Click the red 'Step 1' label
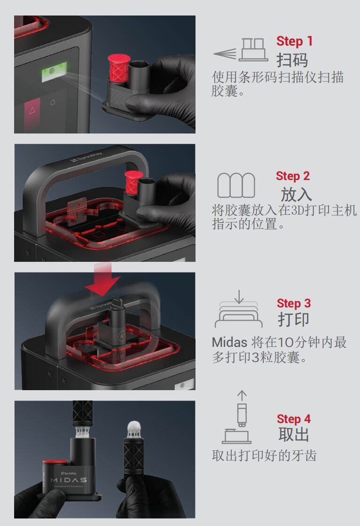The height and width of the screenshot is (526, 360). click(295, 41)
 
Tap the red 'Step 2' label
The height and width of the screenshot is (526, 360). click(293, 176)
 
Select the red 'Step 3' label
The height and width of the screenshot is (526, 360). click(294, 303)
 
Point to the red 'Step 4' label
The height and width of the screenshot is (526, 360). click(294, 419)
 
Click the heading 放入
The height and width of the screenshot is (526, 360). click(296, 194)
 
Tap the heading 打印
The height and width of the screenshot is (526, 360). click(293, 319)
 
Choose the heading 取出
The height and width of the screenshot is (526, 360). click(293, 434)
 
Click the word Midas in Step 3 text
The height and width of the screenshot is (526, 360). click(229, 343)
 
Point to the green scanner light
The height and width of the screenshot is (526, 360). click(54, 71)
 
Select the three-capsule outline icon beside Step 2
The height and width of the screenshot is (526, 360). click(236, 185)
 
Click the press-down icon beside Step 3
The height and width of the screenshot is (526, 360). click(239, 309)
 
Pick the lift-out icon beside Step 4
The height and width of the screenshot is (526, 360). click(237, 417)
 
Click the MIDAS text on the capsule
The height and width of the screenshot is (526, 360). click(69, 480)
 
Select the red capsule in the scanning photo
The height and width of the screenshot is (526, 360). click(118, 69)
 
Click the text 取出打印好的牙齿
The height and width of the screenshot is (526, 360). click(264, 455)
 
